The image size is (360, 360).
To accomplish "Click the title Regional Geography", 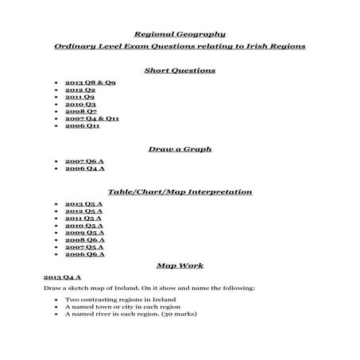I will [180, 34].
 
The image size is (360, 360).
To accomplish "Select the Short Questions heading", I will [180, 70].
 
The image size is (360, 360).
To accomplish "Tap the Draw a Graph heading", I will [180, 149].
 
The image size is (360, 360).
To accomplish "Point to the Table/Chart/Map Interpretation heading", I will [180, 192].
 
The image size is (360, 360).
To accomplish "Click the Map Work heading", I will [180, 265].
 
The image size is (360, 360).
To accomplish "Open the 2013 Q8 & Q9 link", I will [91, 83].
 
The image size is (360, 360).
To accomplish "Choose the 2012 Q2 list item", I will [80, 90].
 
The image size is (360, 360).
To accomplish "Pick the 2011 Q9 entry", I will [80, 97].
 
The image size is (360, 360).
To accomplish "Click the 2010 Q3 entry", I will [80, 104].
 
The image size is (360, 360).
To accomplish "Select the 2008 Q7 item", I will [80, 111].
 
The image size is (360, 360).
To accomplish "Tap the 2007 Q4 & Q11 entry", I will [92, 118].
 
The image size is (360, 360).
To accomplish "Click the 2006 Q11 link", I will [83, 126].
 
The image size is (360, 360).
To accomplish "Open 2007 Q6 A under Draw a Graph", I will [84, 161].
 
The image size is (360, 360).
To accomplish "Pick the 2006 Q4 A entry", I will [84, 168].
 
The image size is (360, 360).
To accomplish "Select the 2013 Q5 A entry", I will [84, 204].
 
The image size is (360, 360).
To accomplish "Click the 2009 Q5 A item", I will [84, 233].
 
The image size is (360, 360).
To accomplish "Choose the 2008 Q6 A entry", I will [84, 240].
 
